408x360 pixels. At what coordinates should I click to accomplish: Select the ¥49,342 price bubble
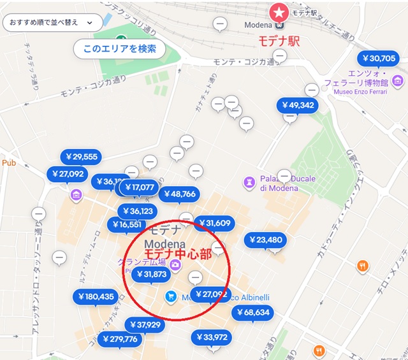point(297,105)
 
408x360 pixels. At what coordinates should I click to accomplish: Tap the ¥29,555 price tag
point(80,157)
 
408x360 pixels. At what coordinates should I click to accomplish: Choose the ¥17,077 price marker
point(140,187)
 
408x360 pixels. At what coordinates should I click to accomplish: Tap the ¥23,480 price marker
point(265,240)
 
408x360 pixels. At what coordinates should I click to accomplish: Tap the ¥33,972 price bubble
point(212,337)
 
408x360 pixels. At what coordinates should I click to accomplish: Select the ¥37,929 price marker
point(145,325)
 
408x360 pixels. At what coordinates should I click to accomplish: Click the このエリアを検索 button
point(119,48)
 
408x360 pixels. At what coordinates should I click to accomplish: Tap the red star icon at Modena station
point(279,11)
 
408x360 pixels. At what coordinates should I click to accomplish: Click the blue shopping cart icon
point(170,296)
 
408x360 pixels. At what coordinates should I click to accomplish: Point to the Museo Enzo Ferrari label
point(362,92)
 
